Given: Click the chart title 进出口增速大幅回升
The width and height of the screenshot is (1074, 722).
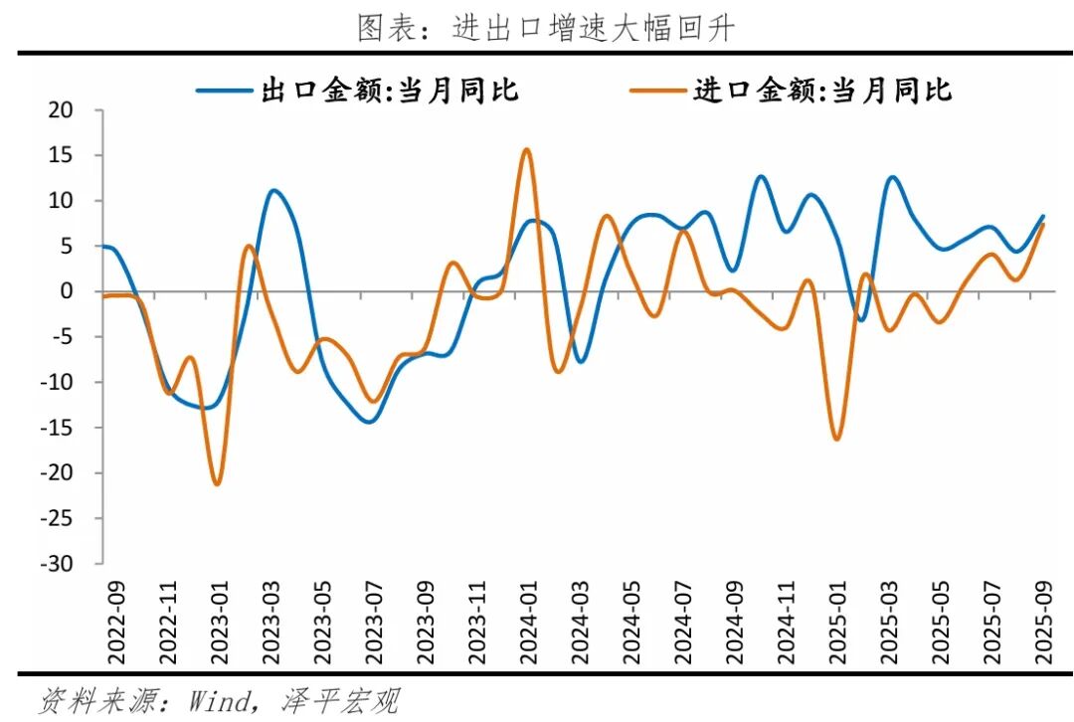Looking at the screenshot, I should [545, 28].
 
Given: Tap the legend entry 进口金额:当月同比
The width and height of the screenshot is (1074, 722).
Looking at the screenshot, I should [792, 91].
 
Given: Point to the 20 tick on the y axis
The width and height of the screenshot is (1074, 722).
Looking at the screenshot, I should [62, 110].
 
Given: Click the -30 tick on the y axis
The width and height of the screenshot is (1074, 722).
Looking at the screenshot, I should [58, 564].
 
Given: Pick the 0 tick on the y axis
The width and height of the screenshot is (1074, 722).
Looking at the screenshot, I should [68, 291].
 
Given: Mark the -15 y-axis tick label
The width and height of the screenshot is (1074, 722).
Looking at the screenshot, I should [58, 428].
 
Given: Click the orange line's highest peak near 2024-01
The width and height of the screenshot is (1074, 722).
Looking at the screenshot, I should [527, 149].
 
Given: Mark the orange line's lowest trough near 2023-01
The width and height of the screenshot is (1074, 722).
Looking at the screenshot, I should [217, 484].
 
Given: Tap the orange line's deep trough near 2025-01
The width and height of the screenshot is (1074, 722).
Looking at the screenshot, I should [836, 440].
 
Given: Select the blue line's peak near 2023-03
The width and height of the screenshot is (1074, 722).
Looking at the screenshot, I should [273, 190].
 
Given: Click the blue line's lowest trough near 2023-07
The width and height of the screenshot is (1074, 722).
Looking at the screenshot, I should [369, 422].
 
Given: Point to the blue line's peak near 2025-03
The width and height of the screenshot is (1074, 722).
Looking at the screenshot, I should [892, 177].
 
